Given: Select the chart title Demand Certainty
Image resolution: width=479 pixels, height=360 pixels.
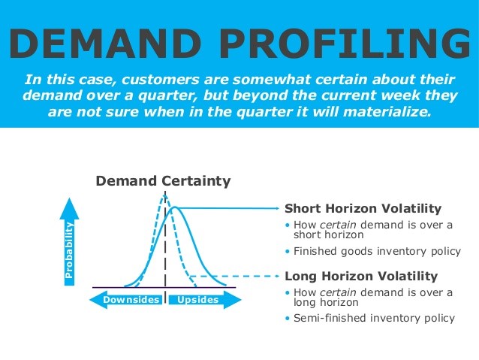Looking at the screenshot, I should coord(163,181).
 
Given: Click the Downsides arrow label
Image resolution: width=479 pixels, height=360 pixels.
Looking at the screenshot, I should coord(131,300).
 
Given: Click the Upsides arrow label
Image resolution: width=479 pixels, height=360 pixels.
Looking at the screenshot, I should coord(198,300).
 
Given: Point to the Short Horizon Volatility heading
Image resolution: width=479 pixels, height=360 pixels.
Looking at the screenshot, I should coord(363,209).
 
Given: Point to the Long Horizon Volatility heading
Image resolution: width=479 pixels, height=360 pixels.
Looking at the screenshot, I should coord(362,276).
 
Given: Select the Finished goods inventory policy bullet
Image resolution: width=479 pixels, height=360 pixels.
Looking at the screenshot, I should coord(371,251).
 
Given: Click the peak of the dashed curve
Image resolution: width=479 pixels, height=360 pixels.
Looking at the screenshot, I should coord(164,195).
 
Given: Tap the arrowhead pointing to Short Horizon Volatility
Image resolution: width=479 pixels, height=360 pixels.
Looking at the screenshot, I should coord(276,208).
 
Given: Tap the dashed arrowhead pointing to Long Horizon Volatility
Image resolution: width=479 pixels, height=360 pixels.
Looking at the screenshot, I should coord(276,276).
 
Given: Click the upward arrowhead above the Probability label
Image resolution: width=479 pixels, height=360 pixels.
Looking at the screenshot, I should coord(69,204).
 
